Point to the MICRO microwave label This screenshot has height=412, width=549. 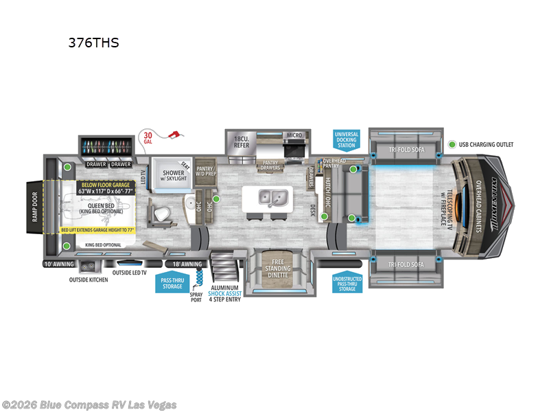(x=294, y=135)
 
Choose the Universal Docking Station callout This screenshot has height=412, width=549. (x=347, y=139)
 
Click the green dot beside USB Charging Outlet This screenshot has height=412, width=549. (x=453, y=145)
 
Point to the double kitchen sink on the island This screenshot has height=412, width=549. (x=273, y=198)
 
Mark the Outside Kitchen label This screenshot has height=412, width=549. (x=89, y=280)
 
